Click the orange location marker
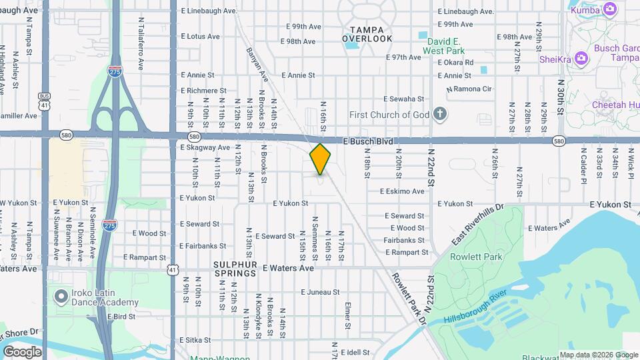tap(321, 159)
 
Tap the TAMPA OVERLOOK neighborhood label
tap(367, 34)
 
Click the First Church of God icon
tap(439, 114)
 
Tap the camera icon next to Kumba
tap(609, 9)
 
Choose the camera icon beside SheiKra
tap(581, 58)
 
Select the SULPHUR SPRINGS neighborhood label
tap(235, 268)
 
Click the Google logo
tap(22, 351)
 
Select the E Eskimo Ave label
tap(402, 191)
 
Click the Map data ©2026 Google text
tap(598, 355)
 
